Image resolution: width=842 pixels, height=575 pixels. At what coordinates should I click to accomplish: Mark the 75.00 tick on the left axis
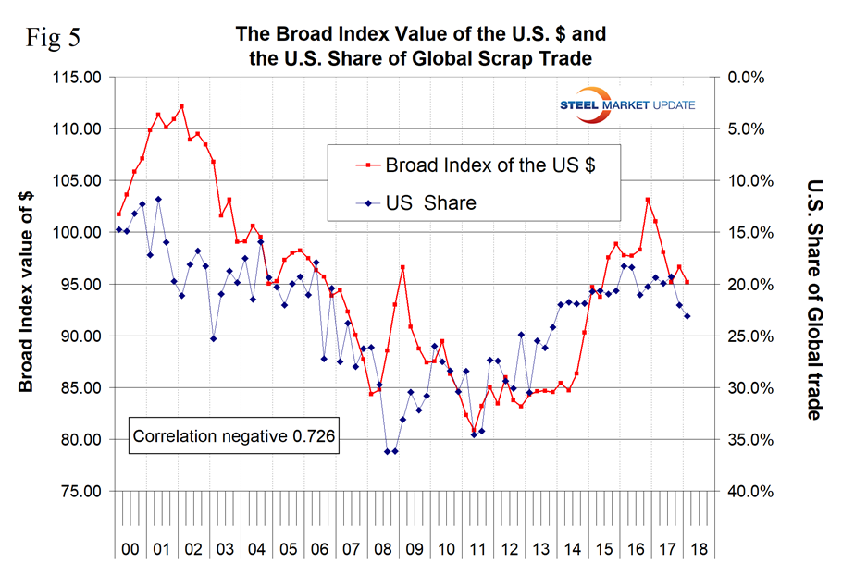coord(73,491)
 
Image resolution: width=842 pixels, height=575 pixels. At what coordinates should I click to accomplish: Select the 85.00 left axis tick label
coord(73,387)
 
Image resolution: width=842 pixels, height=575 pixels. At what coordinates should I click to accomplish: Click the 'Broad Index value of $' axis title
coord(27,284)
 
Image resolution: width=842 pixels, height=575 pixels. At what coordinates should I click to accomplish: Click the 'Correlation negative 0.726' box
coord(234,434)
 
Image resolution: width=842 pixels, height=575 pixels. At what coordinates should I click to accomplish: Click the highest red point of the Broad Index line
coord(181,106)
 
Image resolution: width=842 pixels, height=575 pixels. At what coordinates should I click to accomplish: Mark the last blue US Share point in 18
coord(687,316)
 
